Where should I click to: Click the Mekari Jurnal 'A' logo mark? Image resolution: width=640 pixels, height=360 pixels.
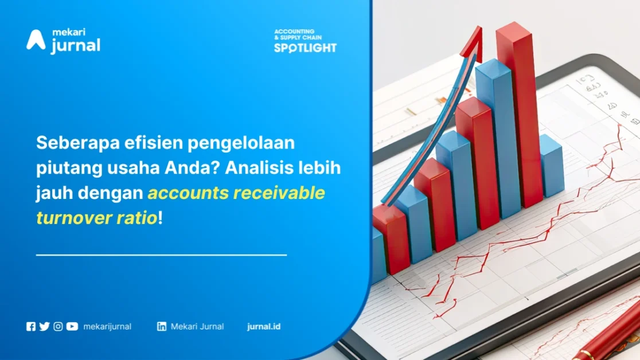coord(36,40)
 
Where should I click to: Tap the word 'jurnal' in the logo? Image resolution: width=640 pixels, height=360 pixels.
coord(76,45)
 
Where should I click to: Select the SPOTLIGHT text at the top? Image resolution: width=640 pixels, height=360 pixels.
coord(305,48)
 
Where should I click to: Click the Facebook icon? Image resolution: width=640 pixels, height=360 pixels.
coord(31,327)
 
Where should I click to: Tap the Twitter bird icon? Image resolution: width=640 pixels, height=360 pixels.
coord(45,327)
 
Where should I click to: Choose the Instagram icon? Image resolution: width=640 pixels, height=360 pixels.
coord(58,327)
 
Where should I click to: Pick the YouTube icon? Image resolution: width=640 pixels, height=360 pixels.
coord(72,327)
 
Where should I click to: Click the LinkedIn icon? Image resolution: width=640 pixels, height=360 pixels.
coord(162,327)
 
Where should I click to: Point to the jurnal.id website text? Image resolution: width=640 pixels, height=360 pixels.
coord(264,327)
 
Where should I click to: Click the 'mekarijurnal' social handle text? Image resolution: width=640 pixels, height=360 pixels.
coord(107,327)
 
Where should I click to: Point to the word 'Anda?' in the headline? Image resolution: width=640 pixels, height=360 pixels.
coord(192,168)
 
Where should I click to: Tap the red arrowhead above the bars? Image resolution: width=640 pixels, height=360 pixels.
coord(474,43)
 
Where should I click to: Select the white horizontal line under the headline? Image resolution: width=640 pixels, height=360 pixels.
coord(161,255)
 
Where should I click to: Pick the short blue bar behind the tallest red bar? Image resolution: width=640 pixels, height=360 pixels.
coord(552,165)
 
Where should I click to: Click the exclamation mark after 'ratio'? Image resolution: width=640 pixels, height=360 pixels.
coord(161,218)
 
